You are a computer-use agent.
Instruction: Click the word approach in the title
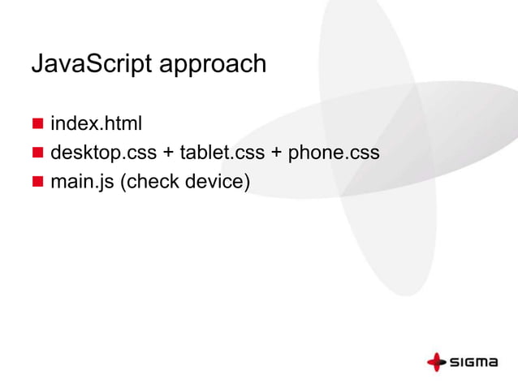pyautogui.click(x=215, y=66)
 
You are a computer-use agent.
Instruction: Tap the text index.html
pyautogui.click(x=97, y=124)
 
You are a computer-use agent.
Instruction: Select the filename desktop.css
pyautogui.click(x=103, y=153)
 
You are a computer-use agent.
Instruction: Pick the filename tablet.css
pyautogui.click(x=222, y=153)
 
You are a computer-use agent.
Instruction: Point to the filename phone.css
pyautogui.click(x=334, y=153)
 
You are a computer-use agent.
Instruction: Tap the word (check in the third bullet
pyautogui.click(x=150, y=180)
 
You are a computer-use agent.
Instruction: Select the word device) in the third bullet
pyautogui.click(x=217, y=180)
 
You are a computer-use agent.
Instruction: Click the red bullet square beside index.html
pyautogui.click(x=37, y=124)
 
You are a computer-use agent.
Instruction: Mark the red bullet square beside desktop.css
pyautogui.click(x=37, y=152)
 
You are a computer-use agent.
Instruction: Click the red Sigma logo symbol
pyautogui.click(x=438, y=362)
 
